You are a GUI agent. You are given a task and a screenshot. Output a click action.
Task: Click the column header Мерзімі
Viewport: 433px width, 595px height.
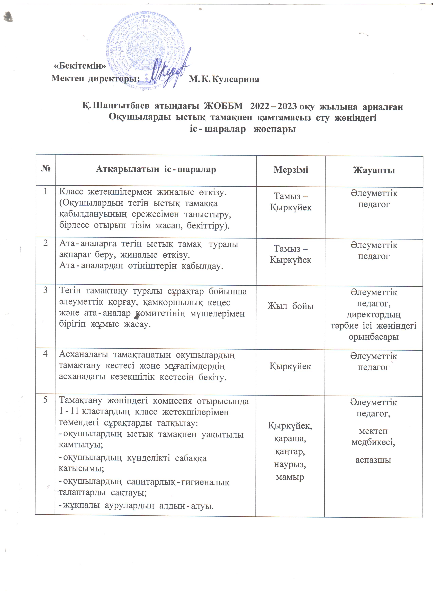pos(291,170)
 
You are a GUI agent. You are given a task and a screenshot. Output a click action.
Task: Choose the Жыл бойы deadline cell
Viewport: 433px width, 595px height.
pos(290,306)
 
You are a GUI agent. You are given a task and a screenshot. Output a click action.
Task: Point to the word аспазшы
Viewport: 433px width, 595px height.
pos(373,460)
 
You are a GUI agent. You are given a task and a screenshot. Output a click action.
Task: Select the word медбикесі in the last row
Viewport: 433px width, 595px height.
pos(373,443)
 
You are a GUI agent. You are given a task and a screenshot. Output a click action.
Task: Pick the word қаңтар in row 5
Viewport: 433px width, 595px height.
pos(290,452)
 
